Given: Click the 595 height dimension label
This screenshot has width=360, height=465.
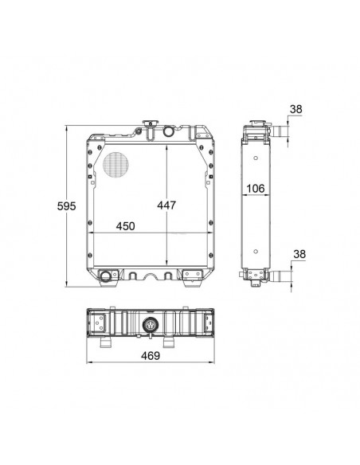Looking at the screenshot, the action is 66,205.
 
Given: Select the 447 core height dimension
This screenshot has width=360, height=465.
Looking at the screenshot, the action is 166,205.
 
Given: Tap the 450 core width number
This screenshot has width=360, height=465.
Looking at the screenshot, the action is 125,226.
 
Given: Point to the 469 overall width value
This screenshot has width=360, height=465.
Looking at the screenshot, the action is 151,356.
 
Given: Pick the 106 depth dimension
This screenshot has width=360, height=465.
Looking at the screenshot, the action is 256,189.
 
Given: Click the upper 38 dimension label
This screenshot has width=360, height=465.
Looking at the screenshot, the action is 295,109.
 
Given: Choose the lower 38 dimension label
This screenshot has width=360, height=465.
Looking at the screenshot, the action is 299,254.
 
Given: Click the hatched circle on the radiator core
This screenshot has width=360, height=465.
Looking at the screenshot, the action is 115,165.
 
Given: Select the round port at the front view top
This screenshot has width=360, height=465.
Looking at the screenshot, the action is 168,131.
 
